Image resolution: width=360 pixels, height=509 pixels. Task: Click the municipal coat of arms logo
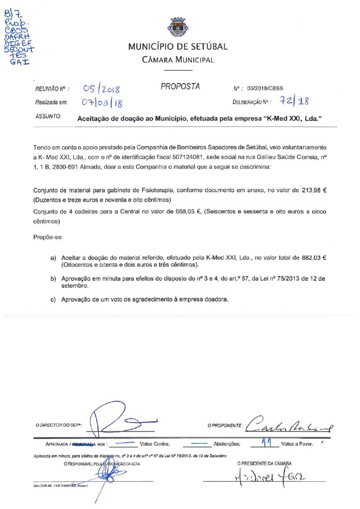tap(178, 27)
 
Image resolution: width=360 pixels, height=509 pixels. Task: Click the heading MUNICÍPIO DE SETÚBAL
tap(178, 47)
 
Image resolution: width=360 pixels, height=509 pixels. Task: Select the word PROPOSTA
tap(180, 87)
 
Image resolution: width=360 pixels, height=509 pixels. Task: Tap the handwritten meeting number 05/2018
tap(102, 89)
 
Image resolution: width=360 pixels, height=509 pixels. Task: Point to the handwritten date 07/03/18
tap(102, 103)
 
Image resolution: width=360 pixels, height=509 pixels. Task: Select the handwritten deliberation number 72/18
tap(294, 101)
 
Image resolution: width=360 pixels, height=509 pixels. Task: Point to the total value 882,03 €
tap(313, 258)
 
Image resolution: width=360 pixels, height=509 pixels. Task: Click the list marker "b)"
tap(53, 279)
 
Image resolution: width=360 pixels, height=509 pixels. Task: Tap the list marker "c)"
tap(53, 300)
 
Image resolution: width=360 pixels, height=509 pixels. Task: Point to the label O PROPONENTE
tap(225, 426)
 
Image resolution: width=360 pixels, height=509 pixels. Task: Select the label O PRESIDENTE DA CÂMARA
tap(265, 463)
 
